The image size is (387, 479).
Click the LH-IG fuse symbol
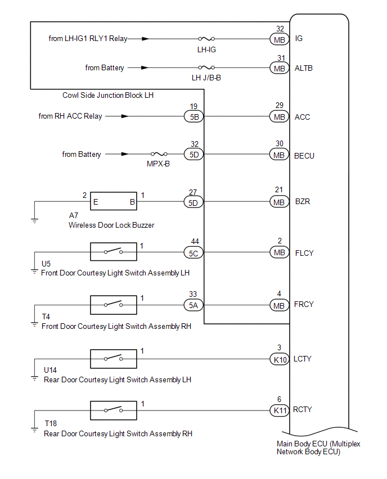206,39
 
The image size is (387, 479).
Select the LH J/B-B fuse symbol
206,67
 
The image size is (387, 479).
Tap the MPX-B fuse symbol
159,154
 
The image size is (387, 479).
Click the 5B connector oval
194,117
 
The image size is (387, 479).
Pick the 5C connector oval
193,253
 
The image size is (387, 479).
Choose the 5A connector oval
193,305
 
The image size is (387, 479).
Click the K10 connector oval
280,359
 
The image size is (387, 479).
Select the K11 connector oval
280,410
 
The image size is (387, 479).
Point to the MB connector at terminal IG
280,39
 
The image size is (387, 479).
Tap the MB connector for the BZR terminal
279,202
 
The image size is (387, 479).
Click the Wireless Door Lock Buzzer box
114,201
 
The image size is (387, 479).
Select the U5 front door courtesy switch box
114,252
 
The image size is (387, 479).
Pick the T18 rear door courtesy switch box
114,410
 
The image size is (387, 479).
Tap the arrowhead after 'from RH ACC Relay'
125,116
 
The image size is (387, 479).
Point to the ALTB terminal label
304,68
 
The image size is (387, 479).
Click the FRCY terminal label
304,305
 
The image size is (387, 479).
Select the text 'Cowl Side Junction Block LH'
108,96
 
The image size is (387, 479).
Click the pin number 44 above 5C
195,241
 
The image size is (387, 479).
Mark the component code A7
74,215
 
